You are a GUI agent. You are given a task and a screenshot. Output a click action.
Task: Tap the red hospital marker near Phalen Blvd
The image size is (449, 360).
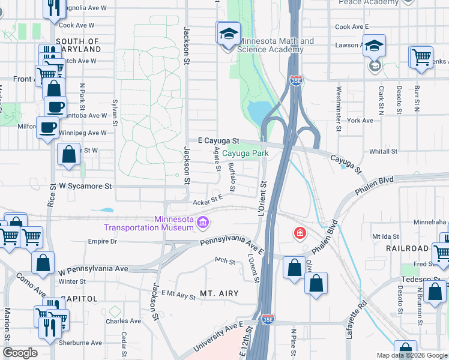[x=299, y=233]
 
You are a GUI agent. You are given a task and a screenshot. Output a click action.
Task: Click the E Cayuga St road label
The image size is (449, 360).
[x=214, y=140]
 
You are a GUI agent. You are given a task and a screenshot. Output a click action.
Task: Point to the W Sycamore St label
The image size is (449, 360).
[x=85, y=187]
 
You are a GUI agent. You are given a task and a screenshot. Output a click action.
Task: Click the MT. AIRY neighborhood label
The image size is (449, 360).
[x=219, y=293]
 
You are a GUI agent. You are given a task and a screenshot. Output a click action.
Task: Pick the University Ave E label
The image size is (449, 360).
[x=217, y=337]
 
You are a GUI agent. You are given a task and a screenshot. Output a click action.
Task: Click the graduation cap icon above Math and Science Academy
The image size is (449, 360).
[x=228, y=33]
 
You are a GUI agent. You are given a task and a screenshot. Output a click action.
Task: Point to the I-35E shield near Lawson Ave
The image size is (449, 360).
[x=296, y=80]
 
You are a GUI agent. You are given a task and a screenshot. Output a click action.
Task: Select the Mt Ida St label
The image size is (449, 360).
[x=386, y=236]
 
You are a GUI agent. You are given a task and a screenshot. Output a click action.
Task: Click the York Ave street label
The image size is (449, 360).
[x=360, y=121]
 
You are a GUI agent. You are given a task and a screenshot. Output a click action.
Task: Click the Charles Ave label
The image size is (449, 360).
[x=123, y=321]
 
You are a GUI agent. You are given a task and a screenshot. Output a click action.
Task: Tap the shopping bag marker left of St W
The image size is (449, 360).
[x=70, y=154]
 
